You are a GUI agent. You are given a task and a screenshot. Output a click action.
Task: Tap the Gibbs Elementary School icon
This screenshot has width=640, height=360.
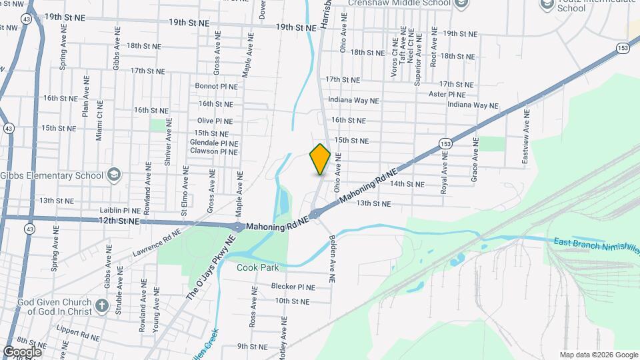click(x=114, y=175)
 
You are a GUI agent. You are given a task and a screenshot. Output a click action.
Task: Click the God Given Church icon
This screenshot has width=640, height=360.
click(x=101, y=305)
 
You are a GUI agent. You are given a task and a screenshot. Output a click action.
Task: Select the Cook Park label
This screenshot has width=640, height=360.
click(x=258, y=267)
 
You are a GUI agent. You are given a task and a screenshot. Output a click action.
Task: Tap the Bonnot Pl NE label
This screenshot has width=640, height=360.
click(x=215, y=86)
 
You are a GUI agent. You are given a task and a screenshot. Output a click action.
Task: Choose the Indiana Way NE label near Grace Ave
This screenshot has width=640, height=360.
click(x=473, y=105)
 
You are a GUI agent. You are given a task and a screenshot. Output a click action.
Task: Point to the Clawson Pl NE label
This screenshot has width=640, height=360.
click(x=214, y=152)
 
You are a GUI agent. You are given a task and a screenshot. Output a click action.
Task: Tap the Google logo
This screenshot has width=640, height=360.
click(x=22, y=352)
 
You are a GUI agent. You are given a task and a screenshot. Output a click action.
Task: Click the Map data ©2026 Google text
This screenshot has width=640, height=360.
click(x=598, y=355)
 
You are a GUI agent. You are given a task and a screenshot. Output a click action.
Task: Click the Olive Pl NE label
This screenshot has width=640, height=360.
click(x=215, y=121)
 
